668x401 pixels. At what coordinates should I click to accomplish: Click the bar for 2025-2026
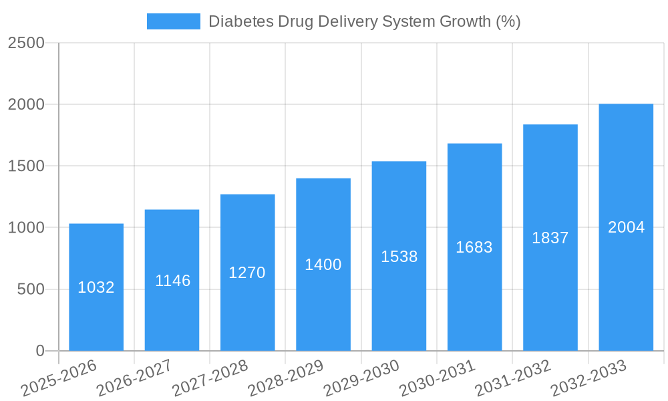[x=96, y=314]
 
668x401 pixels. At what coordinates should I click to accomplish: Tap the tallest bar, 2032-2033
[x=626, y=281]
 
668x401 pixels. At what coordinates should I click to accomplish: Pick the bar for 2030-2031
[x=474, y=294]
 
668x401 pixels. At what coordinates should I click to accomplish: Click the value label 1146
[x=172, y=281]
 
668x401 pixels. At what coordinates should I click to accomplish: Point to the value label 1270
[x=247, y=273]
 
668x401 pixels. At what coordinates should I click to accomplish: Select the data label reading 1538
[x=399, y=257]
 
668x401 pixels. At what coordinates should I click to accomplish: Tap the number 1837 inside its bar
[x=550, y=238]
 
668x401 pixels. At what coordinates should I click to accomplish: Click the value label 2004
[x=626, y=227]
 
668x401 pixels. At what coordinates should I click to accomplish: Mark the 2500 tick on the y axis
[x=26, y=43]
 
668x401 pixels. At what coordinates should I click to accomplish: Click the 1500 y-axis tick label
[x=26, y=166]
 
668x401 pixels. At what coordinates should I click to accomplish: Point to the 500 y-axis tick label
[x=31, y=289]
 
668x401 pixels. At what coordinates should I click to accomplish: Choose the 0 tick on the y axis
[x=39, y=351]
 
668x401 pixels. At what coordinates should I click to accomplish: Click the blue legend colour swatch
[x=174, y=21]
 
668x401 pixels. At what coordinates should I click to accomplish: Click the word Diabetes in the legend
[x=238, y=21]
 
